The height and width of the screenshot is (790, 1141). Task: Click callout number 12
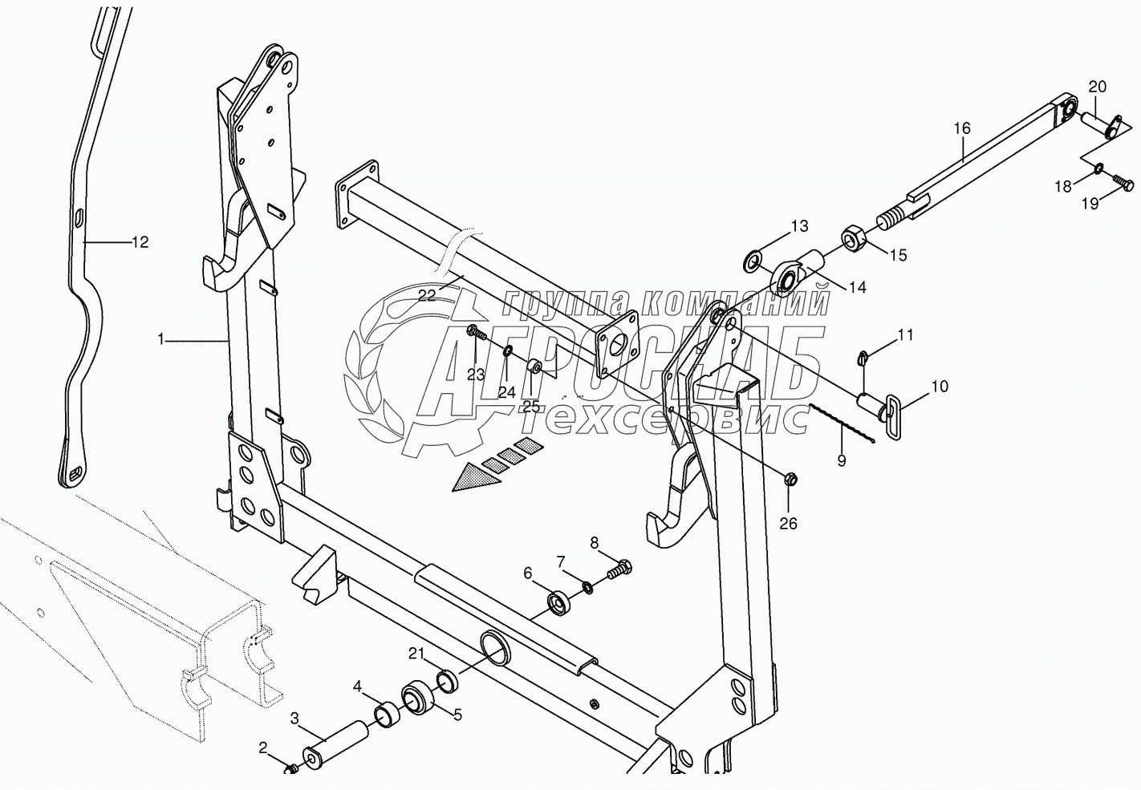point(140,241)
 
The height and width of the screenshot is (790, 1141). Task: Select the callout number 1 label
point(161,340)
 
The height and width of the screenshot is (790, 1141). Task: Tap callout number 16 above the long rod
point(962,128)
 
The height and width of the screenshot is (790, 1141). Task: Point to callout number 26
point(788,523)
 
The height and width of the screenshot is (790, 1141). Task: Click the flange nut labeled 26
point(789,480)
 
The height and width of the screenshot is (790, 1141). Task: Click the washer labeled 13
point(753,259)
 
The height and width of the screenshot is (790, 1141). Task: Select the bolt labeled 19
point(1123,186)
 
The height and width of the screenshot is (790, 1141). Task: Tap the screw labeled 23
point(475,332)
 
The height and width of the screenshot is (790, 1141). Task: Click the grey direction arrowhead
point(476,480)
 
